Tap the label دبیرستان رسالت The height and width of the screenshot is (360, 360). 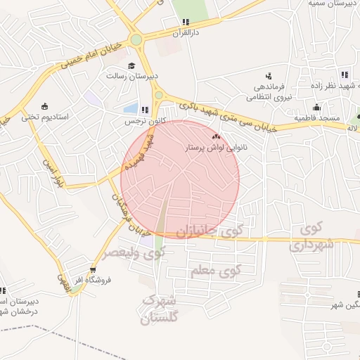coord(132,76)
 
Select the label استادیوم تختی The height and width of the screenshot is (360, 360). coord(45,117)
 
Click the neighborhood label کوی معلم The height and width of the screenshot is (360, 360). coord(216,270)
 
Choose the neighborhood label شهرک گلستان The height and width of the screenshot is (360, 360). coord(160,309)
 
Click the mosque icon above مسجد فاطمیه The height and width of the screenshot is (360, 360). coord(317,108)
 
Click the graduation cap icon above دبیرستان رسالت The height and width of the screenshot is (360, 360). coord(131,66)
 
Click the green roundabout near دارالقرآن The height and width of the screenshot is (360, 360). coord(136,40)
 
